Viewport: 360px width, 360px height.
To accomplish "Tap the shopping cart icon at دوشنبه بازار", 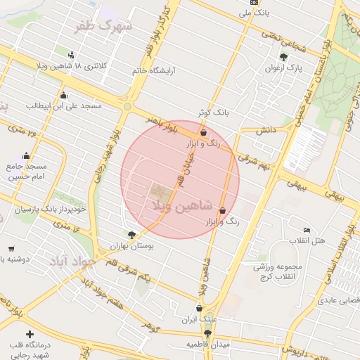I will (x=12, y=248).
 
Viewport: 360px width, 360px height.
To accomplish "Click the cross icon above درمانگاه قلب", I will (x=29, y=334).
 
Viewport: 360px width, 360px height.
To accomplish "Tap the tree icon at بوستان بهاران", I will (x=131, y=235).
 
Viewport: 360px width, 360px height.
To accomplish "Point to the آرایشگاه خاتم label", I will (x=157, y=71).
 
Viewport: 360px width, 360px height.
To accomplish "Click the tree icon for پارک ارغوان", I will (x=283, y=57).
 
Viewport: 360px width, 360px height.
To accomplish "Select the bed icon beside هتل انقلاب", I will (x=307, y=231).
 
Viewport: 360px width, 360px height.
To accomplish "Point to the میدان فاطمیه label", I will (x=207, y=345).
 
